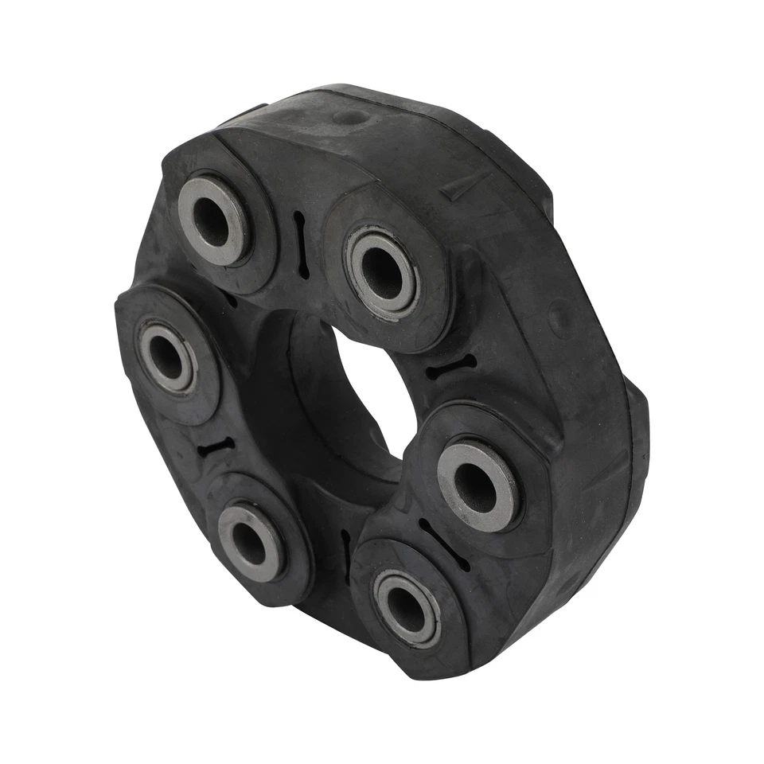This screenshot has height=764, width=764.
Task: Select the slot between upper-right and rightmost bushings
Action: (450, 367)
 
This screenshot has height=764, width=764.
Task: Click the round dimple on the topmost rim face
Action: (350, 117)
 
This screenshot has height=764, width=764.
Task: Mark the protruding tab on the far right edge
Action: (637, 414)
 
